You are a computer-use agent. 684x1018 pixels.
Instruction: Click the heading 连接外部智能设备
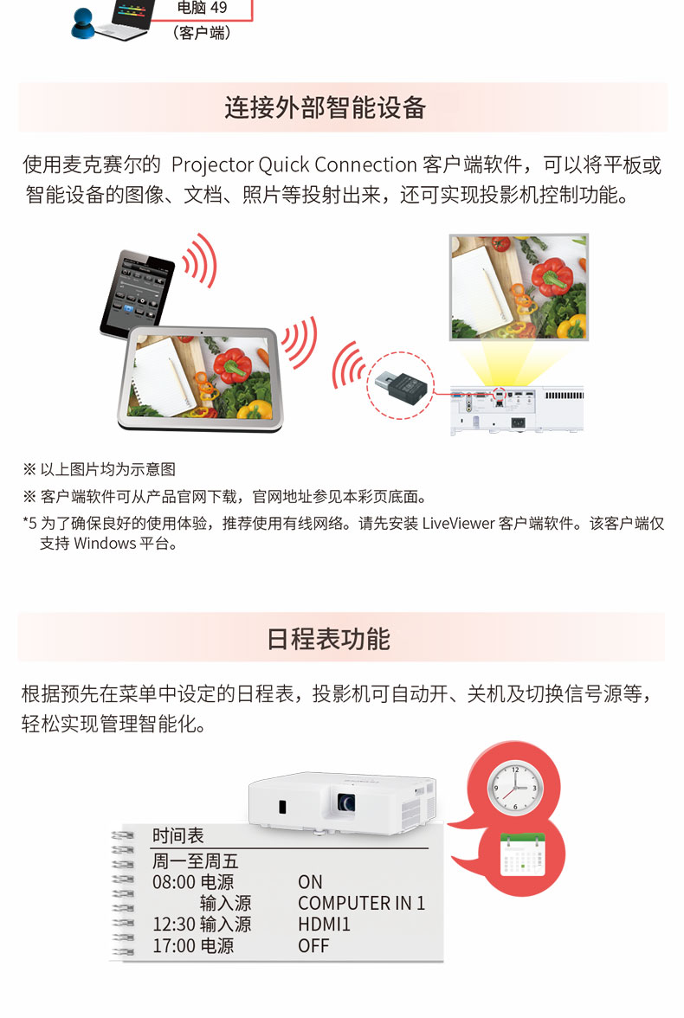pyautogui.click(x=325, y=107)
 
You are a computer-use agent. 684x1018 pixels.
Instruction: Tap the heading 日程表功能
pyautogui.click(x=328, y=639)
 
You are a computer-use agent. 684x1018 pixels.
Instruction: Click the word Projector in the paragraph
pyautogui.click(x=212, y=165)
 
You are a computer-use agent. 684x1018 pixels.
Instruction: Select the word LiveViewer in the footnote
pyautogui.click(x=457, y=523)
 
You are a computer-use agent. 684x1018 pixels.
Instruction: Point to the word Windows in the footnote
pyautogui.click(x=105, y=544)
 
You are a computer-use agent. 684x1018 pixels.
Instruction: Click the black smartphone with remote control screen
pyautogui.click(x=137, y=293)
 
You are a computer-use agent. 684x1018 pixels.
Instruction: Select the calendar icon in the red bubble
pyautogui.click(x=522, y=856)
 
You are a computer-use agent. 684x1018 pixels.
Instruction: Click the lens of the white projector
pyautogui.click(x=345, y=802)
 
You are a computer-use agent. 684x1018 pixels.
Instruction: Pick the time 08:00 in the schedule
pyautogui.click(x=174, y=882)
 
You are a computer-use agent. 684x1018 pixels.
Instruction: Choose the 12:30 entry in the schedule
pyautogui.click(x=174, y=924)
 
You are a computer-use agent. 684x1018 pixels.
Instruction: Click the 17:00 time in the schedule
pyautogui.click(x=174, y=946)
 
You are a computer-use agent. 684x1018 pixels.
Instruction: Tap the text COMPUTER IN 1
pyautogui.click(x=361, y=903)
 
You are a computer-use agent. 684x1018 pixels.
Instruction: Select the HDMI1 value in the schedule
pyautogui.click(x=324, y=925)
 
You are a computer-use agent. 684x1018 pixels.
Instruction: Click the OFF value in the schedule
pyautogui.click(x=313, y=946)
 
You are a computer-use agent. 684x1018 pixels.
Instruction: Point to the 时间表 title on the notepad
pyautogui.click(x=178, y=835)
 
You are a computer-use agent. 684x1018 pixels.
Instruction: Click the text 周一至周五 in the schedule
pyautogui.click(x=196, y=860)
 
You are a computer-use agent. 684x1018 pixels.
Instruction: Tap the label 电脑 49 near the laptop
pyautogui.click(x=202, y=8)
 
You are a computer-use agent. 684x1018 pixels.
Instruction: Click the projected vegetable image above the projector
pyautogui.click(x=519, y=287)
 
